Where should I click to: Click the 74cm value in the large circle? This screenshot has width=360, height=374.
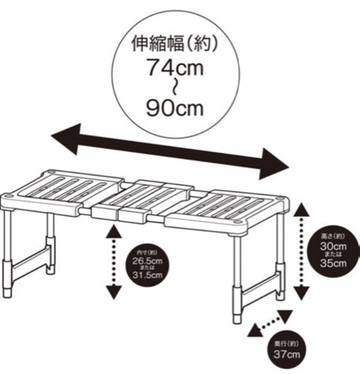click(x=175, y=67)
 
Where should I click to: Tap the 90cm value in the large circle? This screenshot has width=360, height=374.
click(x=175, y=108)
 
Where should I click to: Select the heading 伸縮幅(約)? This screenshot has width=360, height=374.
click(x=175, y=44)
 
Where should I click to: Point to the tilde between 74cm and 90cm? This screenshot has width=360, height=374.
click(x=175, y=88)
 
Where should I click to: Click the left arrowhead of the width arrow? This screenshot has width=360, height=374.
click(x=66, y=139)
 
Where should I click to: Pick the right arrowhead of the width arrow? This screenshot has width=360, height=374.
click(x=274, y=164)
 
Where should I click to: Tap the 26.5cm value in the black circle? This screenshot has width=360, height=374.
click(x=148, y=261)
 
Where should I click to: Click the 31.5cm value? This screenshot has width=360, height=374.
click(x=148, y=275)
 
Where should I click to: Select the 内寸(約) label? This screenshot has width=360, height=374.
click(x=147, y=253)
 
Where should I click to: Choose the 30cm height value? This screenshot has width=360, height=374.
click(x=333, y=246)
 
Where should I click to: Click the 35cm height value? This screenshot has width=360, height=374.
click(x=333, y=263)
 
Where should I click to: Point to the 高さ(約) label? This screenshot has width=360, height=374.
click(x=333, y=236)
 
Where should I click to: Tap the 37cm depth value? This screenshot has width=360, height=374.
click(x=286, y=354)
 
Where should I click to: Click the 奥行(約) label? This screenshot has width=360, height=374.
click(x=286, y=344)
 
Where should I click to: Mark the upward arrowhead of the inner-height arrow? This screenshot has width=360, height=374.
click(x=114, y=232)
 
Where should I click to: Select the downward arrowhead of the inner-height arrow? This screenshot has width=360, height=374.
click(x=114, y=292)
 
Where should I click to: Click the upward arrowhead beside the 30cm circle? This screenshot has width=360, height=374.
click(x=302, y=210)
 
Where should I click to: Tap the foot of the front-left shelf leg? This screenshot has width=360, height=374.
click(x=7, y=293)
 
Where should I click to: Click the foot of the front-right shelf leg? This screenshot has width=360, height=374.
click(x=237, y=320)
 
